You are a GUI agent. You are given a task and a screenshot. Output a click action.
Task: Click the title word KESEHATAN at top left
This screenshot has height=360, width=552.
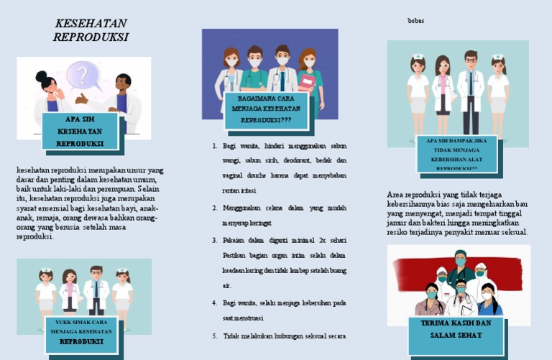[x=91, y=24]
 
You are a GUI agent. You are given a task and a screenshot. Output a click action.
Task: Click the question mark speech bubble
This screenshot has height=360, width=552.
[x=83, y=74]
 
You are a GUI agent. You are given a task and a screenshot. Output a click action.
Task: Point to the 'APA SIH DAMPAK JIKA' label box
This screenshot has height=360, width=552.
[x=456, y=154]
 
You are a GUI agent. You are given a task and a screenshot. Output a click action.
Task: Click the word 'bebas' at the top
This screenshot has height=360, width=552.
[x=415, y=21]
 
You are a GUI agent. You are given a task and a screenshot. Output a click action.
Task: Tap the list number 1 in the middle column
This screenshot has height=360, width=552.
[x=215, y=146]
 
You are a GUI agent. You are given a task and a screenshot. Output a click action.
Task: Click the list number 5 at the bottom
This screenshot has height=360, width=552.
[x=215, y=336]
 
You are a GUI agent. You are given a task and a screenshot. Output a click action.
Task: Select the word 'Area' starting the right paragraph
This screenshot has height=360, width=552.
[x=396, y=195]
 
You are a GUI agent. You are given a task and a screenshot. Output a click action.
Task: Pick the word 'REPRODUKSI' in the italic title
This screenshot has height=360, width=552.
[x=91, y=37]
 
